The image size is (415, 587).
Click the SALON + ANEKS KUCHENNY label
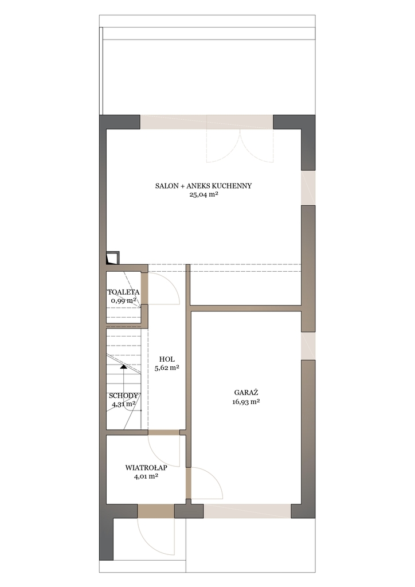(203, 186)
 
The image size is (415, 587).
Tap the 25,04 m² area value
(203, 194)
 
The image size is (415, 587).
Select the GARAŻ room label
(246, 393)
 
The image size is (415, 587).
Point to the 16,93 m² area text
(246, 402)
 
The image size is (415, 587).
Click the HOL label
(167, 359)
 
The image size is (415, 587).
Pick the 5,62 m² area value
(167, 367)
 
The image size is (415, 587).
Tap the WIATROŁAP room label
(146, 468)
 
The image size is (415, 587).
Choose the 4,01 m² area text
(146, 476)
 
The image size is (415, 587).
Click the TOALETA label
(123, 292)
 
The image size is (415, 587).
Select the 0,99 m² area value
(123, 300)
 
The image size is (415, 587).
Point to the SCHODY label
(123, 396)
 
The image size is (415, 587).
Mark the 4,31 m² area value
(123, 404)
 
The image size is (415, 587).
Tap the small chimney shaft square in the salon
(113, 258)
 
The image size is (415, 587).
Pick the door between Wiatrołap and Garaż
(205, 483)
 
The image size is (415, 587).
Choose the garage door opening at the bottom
(247, 511)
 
